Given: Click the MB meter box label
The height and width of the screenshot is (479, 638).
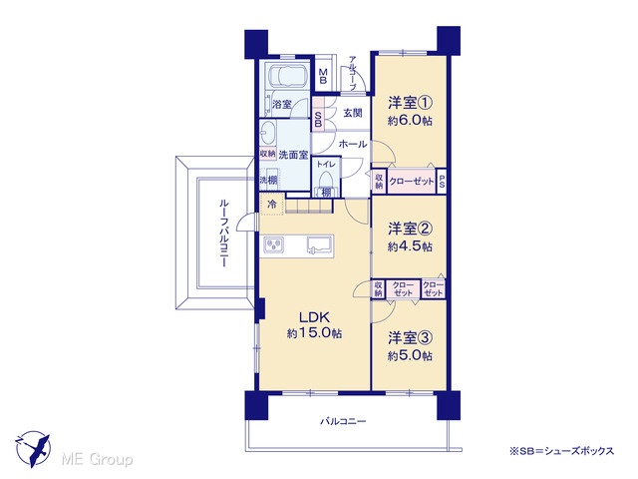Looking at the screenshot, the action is click(x=323, y=76).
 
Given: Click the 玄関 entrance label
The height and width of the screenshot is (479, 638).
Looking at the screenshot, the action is click(x=352, y=113).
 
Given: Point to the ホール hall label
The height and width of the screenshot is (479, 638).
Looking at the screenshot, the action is click(x=353, y=144).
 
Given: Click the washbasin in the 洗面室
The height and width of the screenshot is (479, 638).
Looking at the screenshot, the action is click(x=268, y=132).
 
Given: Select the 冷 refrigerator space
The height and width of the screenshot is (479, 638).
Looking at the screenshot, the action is click(x=272, y=204).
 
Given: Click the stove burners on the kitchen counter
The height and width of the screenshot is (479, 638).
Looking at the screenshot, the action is click(x=274, y=244).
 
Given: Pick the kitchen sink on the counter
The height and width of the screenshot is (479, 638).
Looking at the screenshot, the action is click(x=320, y=245).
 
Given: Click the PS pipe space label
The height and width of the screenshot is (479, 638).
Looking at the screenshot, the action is click(x=442, y=181).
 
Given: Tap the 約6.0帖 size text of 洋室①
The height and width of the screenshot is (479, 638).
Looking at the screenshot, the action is click(x=410, y=121).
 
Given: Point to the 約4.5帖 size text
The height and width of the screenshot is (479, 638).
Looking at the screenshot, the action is click(x=410, y=246).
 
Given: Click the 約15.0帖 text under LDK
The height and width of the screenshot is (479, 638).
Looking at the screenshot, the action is click(x=315, y=333).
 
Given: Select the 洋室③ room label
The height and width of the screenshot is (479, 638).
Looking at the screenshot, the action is click(x=410, y=337).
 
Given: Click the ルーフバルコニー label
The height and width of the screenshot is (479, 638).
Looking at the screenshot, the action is click(x=224, y=233).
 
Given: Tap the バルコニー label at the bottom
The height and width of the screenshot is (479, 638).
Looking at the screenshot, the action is click(x=343, y=421).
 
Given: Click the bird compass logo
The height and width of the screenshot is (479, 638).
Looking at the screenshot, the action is click(x=33, y=449).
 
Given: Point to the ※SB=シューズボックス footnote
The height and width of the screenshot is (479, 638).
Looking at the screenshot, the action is click(x=562, y=451).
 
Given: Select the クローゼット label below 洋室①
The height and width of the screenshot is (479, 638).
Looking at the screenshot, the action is click(x=412, y=182).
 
